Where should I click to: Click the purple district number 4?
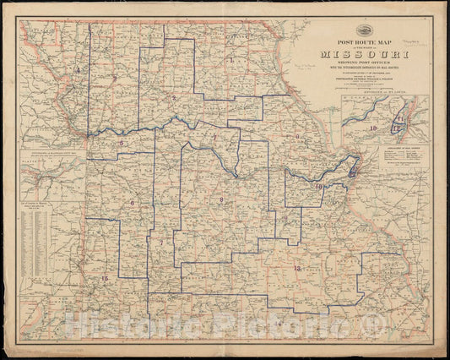pos(77,69)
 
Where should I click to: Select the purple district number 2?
pos(173,98)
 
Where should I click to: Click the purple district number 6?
pos(132,203)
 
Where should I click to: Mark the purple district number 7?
pos(160,243)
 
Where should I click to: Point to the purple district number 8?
pos(221,199)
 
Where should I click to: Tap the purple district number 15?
pos(105,278)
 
